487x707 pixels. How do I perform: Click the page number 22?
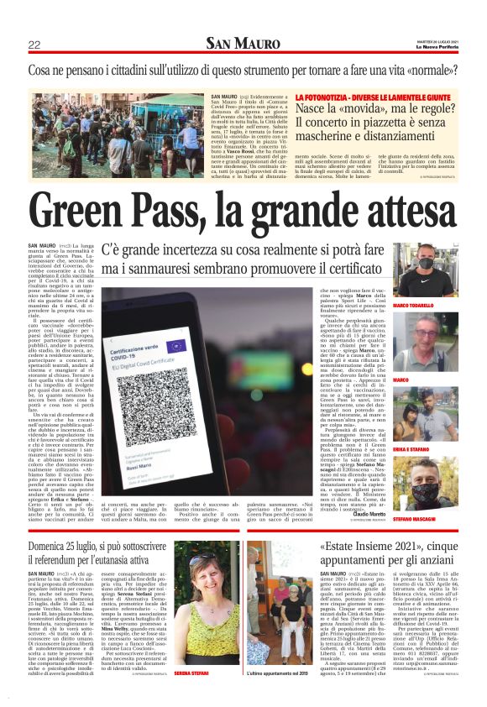34,45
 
